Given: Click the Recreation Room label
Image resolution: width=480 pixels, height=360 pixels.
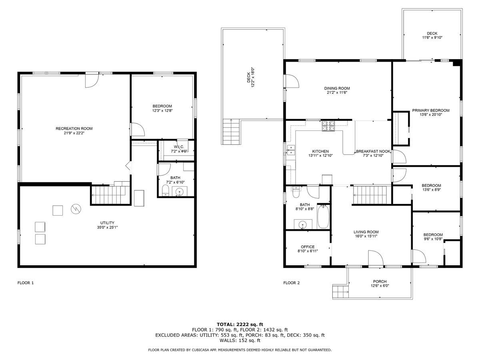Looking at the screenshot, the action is click(74, 128).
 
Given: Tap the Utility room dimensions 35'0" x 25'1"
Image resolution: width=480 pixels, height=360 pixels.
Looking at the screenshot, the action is click(107, 227).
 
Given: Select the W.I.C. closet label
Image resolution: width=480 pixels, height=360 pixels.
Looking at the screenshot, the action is click(179, 147).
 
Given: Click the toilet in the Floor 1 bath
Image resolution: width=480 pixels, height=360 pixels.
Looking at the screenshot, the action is click(165, 190).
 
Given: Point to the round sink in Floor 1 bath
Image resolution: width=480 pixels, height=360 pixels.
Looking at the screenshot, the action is click(180, 192).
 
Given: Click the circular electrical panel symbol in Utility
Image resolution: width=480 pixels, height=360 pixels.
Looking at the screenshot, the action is click(76, 209).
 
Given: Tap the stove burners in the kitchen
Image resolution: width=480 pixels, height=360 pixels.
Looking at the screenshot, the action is click(328, 126).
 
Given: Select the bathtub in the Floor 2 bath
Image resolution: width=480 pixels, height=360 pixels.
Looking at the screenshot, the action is click(323, 216).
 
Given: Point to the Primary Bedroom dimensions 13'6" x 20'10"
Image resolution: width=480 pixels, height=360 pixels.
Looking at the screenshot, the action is click(431, 114).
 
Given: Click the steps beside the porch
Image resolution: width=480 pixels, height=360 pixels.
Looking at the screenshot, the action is click(340, 292).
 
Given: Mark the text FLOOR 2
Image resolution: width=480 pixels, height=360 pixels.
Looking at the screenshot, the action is click(291, 283).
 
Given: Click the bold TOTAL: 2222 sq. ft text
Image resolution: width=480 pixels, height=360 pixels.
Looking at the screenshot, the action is click(240, 324).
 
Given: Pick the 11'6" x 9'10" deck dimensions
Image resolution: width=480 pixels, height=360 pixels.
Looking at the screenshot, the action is click(432, 37).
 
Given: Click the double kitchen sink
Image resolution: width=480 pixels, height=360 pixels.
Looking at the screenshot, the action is click(291, 150).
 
